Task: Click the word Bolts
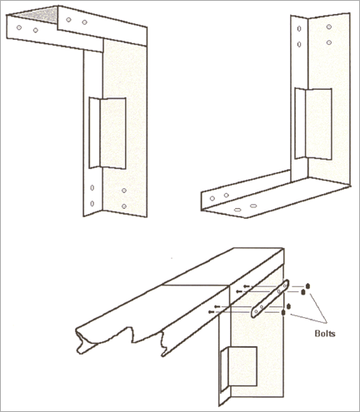point(325,333)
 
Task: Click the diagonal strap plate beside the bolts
point(270,299)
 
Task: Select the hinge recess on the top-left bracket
point(107,133)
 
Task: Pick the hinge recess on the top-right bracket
point(313,124)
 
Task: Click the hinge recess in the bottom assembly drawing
point(238,369)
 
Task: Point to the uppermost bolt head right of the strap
point(307,285)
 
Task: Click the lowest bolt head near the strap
point(283,313)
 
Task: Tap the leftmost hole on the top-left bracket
point(19,27)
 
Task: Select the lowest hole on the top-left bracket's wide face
point(124,206)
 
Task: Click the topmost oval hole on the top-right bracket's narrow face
point(299,28)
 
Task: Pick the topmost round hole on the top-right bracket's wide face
point(329,27)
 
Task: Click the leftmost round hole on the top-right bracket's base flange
point(212,198)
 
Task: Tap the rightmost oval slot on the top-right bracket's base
point(253,206)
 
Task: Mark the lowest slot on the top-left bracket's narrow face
point(92,204)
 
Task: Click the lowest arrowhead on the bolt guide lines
point(211,312)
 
